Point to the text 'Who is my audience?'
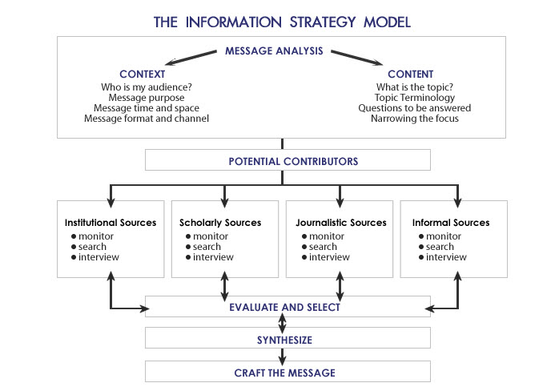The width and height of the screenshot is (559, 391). [141, 87]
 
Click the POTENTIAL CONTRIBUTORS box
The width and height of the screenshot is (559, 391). [288, 161]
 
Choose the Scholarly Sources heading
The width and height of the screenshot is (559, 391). [220, 223]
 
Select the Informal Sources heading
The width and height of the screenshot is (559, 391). [450, 223]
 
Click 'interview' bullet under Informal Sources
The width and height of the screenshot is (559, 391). [446, 257]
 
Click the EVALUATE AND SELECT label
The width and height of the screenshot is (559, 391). [284, 307]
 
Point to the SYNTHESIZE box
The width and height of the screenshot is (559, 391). [288, 340]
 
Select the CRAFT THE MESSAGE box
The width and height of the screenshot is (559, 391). [288, 372]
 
